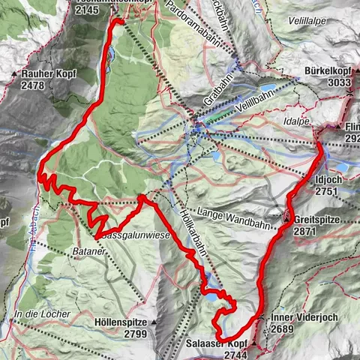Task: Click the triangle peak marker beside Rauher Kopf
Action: (16, 75)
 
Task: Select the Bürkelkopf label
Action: (328, 72)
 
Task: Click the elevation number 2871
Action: (309, 232)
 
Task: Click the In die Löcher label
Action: (43, 313)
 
